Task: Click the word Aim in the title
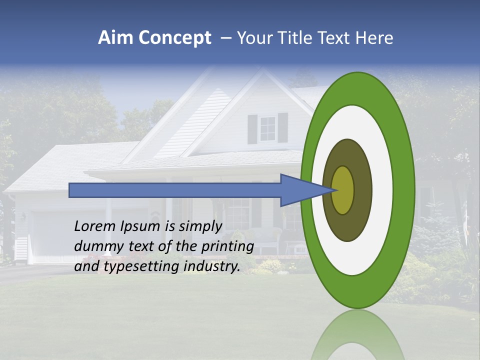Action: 115,38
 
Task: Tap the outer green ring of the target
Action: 403,190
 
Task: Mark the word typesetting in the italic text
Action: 141,267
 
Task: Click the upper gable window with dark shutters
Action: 267,128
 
